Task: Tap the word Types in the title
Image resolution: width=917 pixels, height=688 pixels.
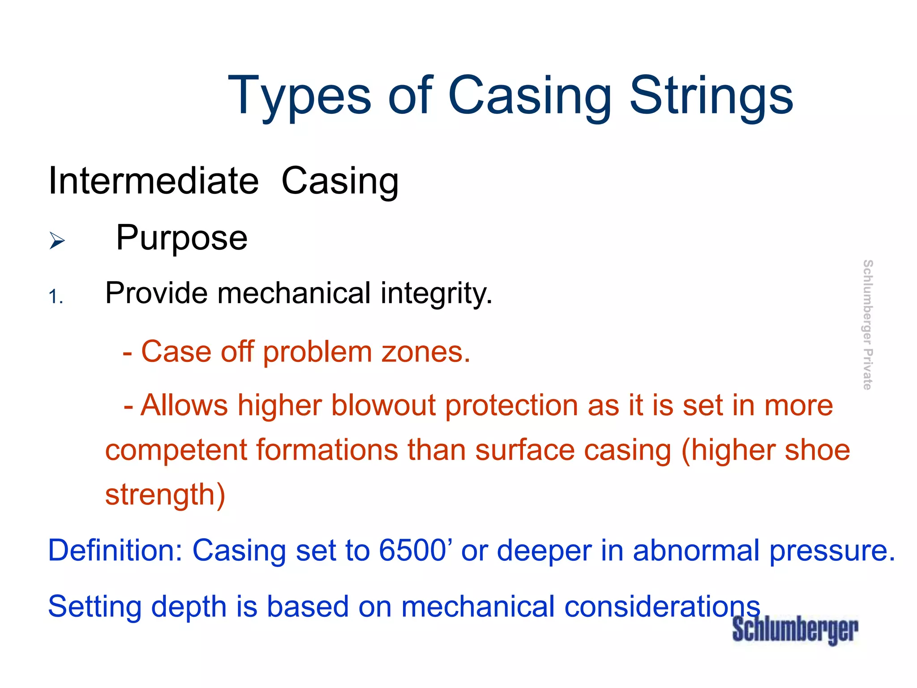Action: [x=299, y=96]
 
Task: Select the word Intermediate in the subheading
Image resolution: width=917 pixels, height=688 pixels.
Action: [x=154, y=181]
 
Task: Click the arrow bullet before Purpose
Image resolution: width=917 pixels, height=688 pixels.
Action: [x=57, y=241]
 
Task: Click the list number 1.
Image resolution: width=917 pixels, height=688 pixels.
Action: [x=56, y=297]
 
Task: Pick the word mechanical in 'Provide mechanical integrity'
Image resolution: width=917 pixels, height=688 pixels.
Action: [x=294, y=293]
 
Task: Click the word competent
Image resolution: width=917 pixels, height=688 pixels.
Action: [x=176, y=451]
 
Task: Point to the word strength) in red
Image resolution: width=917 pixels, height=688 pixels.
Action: [x=165, y=495]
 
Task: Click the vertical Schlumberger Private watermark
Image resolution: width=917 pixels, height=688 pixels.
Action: [x=867, y=325]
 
